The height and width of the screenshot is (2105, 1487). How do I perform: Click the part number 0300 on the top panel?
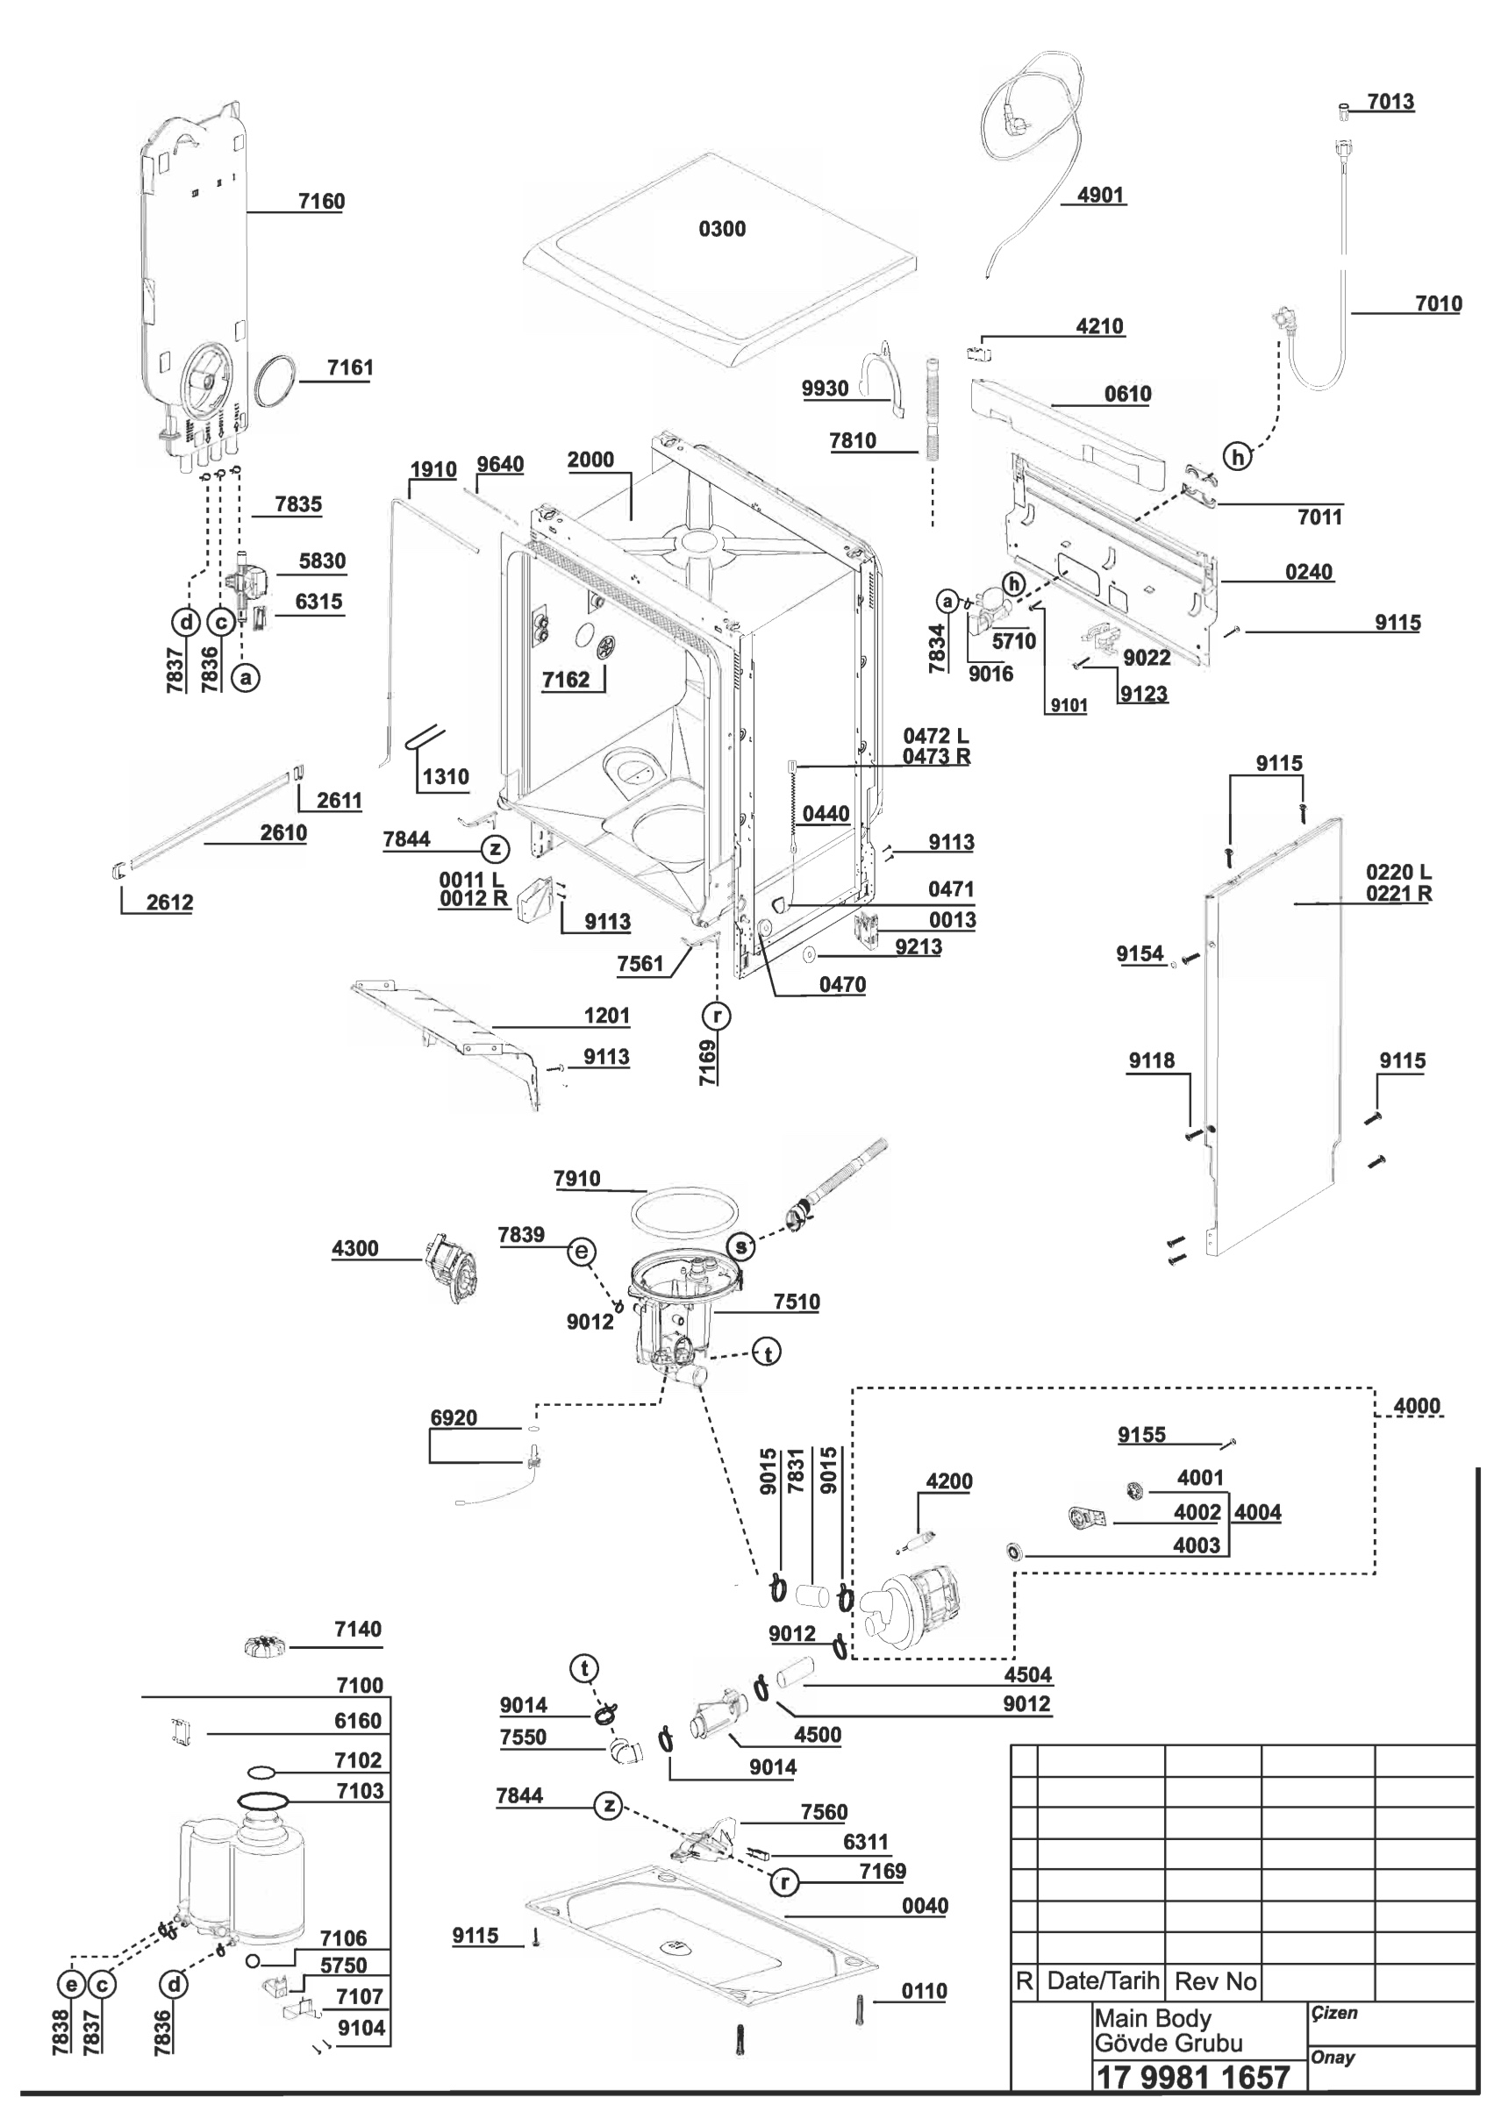721,228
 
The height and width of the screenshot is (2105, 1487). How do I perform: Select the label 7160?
321,201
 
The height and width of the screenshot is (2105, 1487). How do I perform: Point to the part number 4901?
1100,195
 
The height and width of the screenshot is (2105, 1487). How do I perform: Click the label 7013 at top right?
1390,101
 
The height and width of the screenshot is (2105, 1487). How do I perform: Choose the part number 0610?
1126,393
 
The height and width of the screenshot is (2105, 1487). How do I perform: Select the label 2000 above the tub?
590,460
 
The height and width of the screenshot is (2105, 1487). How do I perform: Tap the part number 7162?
566,680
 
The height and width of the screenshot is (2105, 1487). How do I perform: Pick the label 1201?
607,1016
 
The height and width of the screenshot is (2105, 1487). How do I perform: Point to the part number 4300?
354,1248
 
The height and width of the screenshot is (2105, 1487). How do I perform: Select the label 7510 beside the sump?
796,1302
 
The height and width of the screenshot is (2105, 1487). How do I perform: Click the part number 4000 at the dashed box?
1417,1405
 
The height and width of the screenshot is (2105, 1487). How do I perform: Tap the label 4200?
949,1481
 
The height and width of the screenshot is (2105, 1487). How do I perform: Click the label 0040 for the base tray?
924,1906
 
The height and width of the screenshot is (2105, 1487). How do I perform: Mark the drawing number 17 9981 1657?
1193,2077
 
